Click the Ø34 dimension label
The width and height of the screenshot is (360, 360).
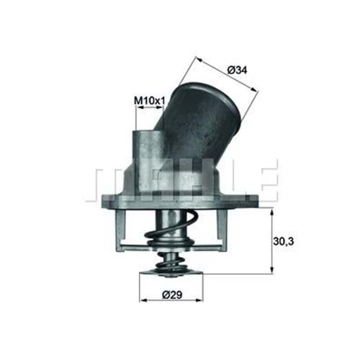click(239, 70)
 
